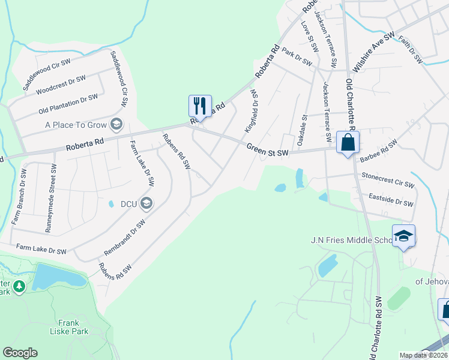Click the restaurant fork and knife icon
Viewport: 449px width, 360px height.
(x=200, y=106)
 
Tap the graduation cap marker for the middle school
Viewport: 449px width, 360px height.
(x=403, y=236)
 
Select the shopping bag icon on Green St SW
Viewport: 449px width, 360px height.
(x=348, y=143)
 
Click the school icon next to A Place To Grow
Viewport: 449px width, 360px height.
(x=116, y=125)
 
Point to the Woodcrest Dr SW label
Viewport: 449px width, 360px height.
(x=61, y=85)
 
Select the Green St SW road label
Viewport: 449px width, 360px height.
(x=268, y=150)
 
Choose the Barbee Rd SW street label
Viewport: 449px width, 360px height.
(x=378, y=151)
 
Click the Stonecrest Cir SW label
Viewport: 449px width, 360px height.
(x=388, y=180)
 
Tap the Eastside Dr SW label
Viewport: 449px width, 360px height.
(x=391, y=199)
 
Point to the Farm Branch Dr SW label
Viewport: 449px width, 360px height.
(x=19, y=196)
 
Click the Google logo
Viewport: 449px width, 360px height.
(x=20, y=353)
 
